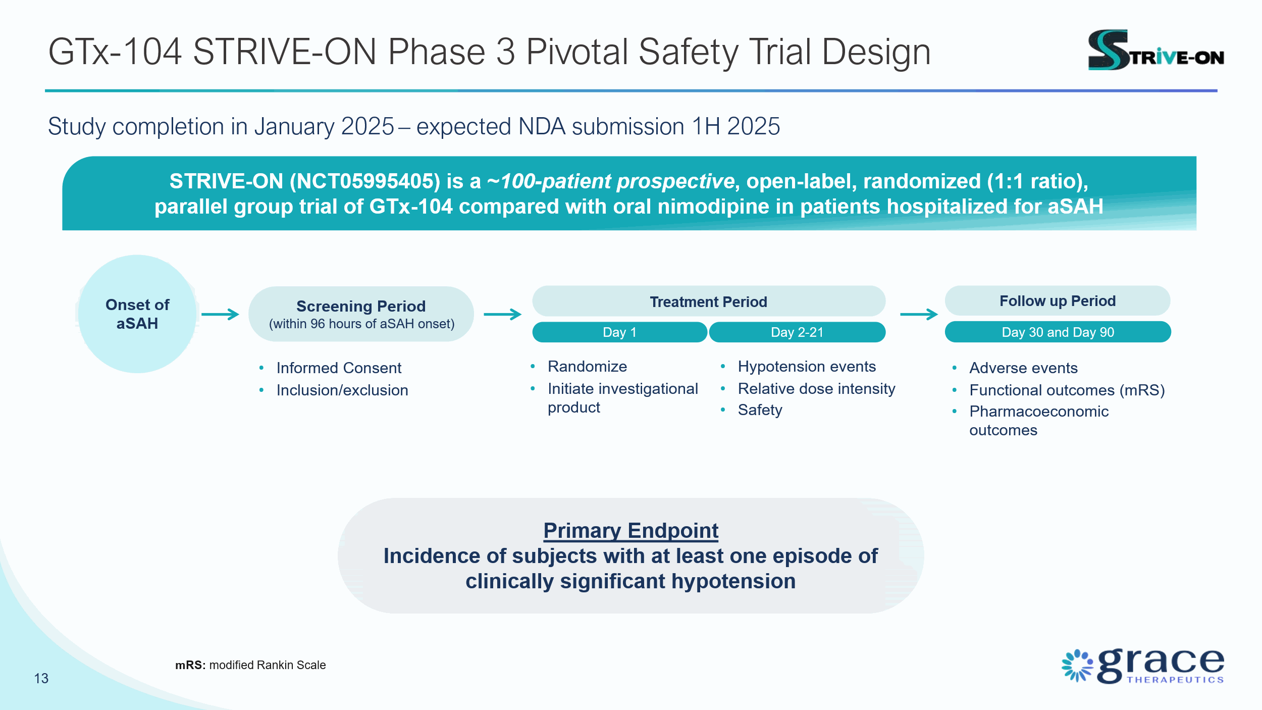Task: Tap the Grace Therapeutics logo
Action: (x=1143, y=666)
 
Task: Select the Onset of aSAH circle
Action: (x=137, y=314)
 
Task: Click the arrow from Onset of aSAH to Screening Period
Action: (x=220, y=314)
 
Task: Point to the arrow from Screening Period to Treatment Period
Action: (x=502, y=314)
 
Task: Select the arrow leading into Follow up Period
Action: (x=919, y=314)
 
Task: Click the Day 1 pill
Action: (x=619, y=332)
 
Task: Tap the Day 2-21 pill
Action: (x=797, y=332)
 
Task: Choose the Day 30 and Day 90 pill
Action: (x=1058, y=332)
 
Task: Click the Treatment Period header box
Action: (x=708, y=301)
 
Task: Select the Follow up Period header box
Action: (x=1058, y=301)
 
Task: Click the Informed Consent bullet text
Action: (x=339, y=368)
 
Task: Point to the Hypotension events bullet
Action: (x=807, y=367)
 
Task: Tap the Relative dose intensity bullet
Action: (x=816, y=389)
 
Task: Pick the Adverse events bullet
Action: (x=1023, y=368)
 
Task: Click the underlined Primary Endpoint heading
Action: (x=630, y=531)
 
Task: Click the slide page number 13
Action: (x=41, y=678)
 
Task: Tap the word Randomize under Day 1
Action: (x=587, y=367)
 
